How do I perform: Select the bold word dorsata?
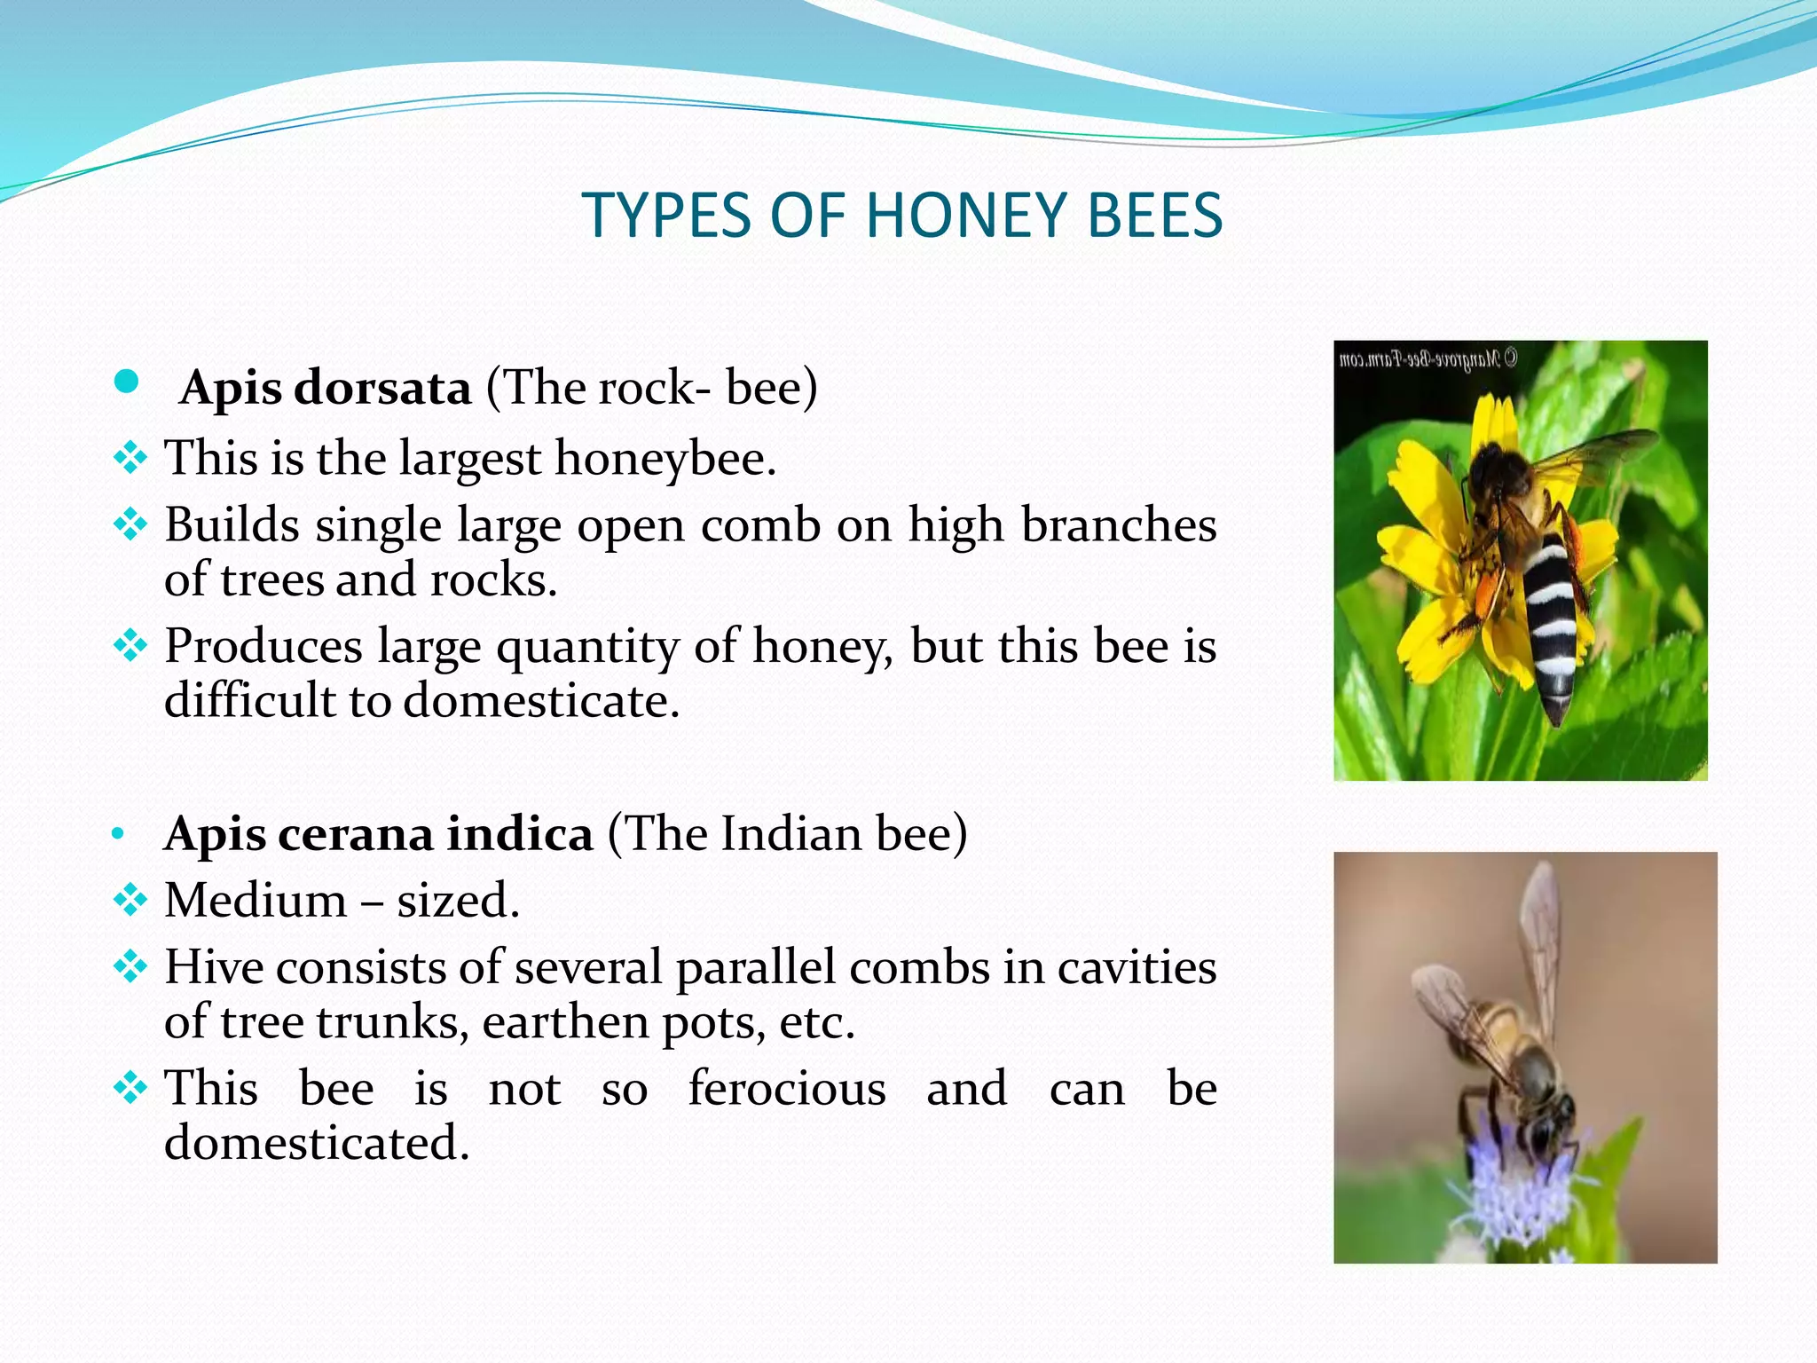pyautogui.click(x=382, y=388)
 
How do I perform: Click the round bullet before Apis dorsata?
pyautogui.click(x=127, y=382)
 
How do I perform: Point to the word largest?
pyautogui.click(x=469, y=460)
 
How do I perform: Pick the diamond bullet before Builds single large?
pyautogui.click(x=130, y=525)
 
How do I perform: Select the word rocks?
pyautogui.click(x=493, y=580)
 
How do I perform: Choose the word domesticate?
pyautogui.click(x=541, y=701)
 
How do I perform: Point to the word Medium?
pyautogui.click(x=256, y=901)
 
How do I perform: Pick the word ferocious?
pyautogui.click(x=787, y=1089)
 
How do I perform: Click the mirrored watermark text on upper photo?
pyautogui.click(x=1428, y=359)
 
